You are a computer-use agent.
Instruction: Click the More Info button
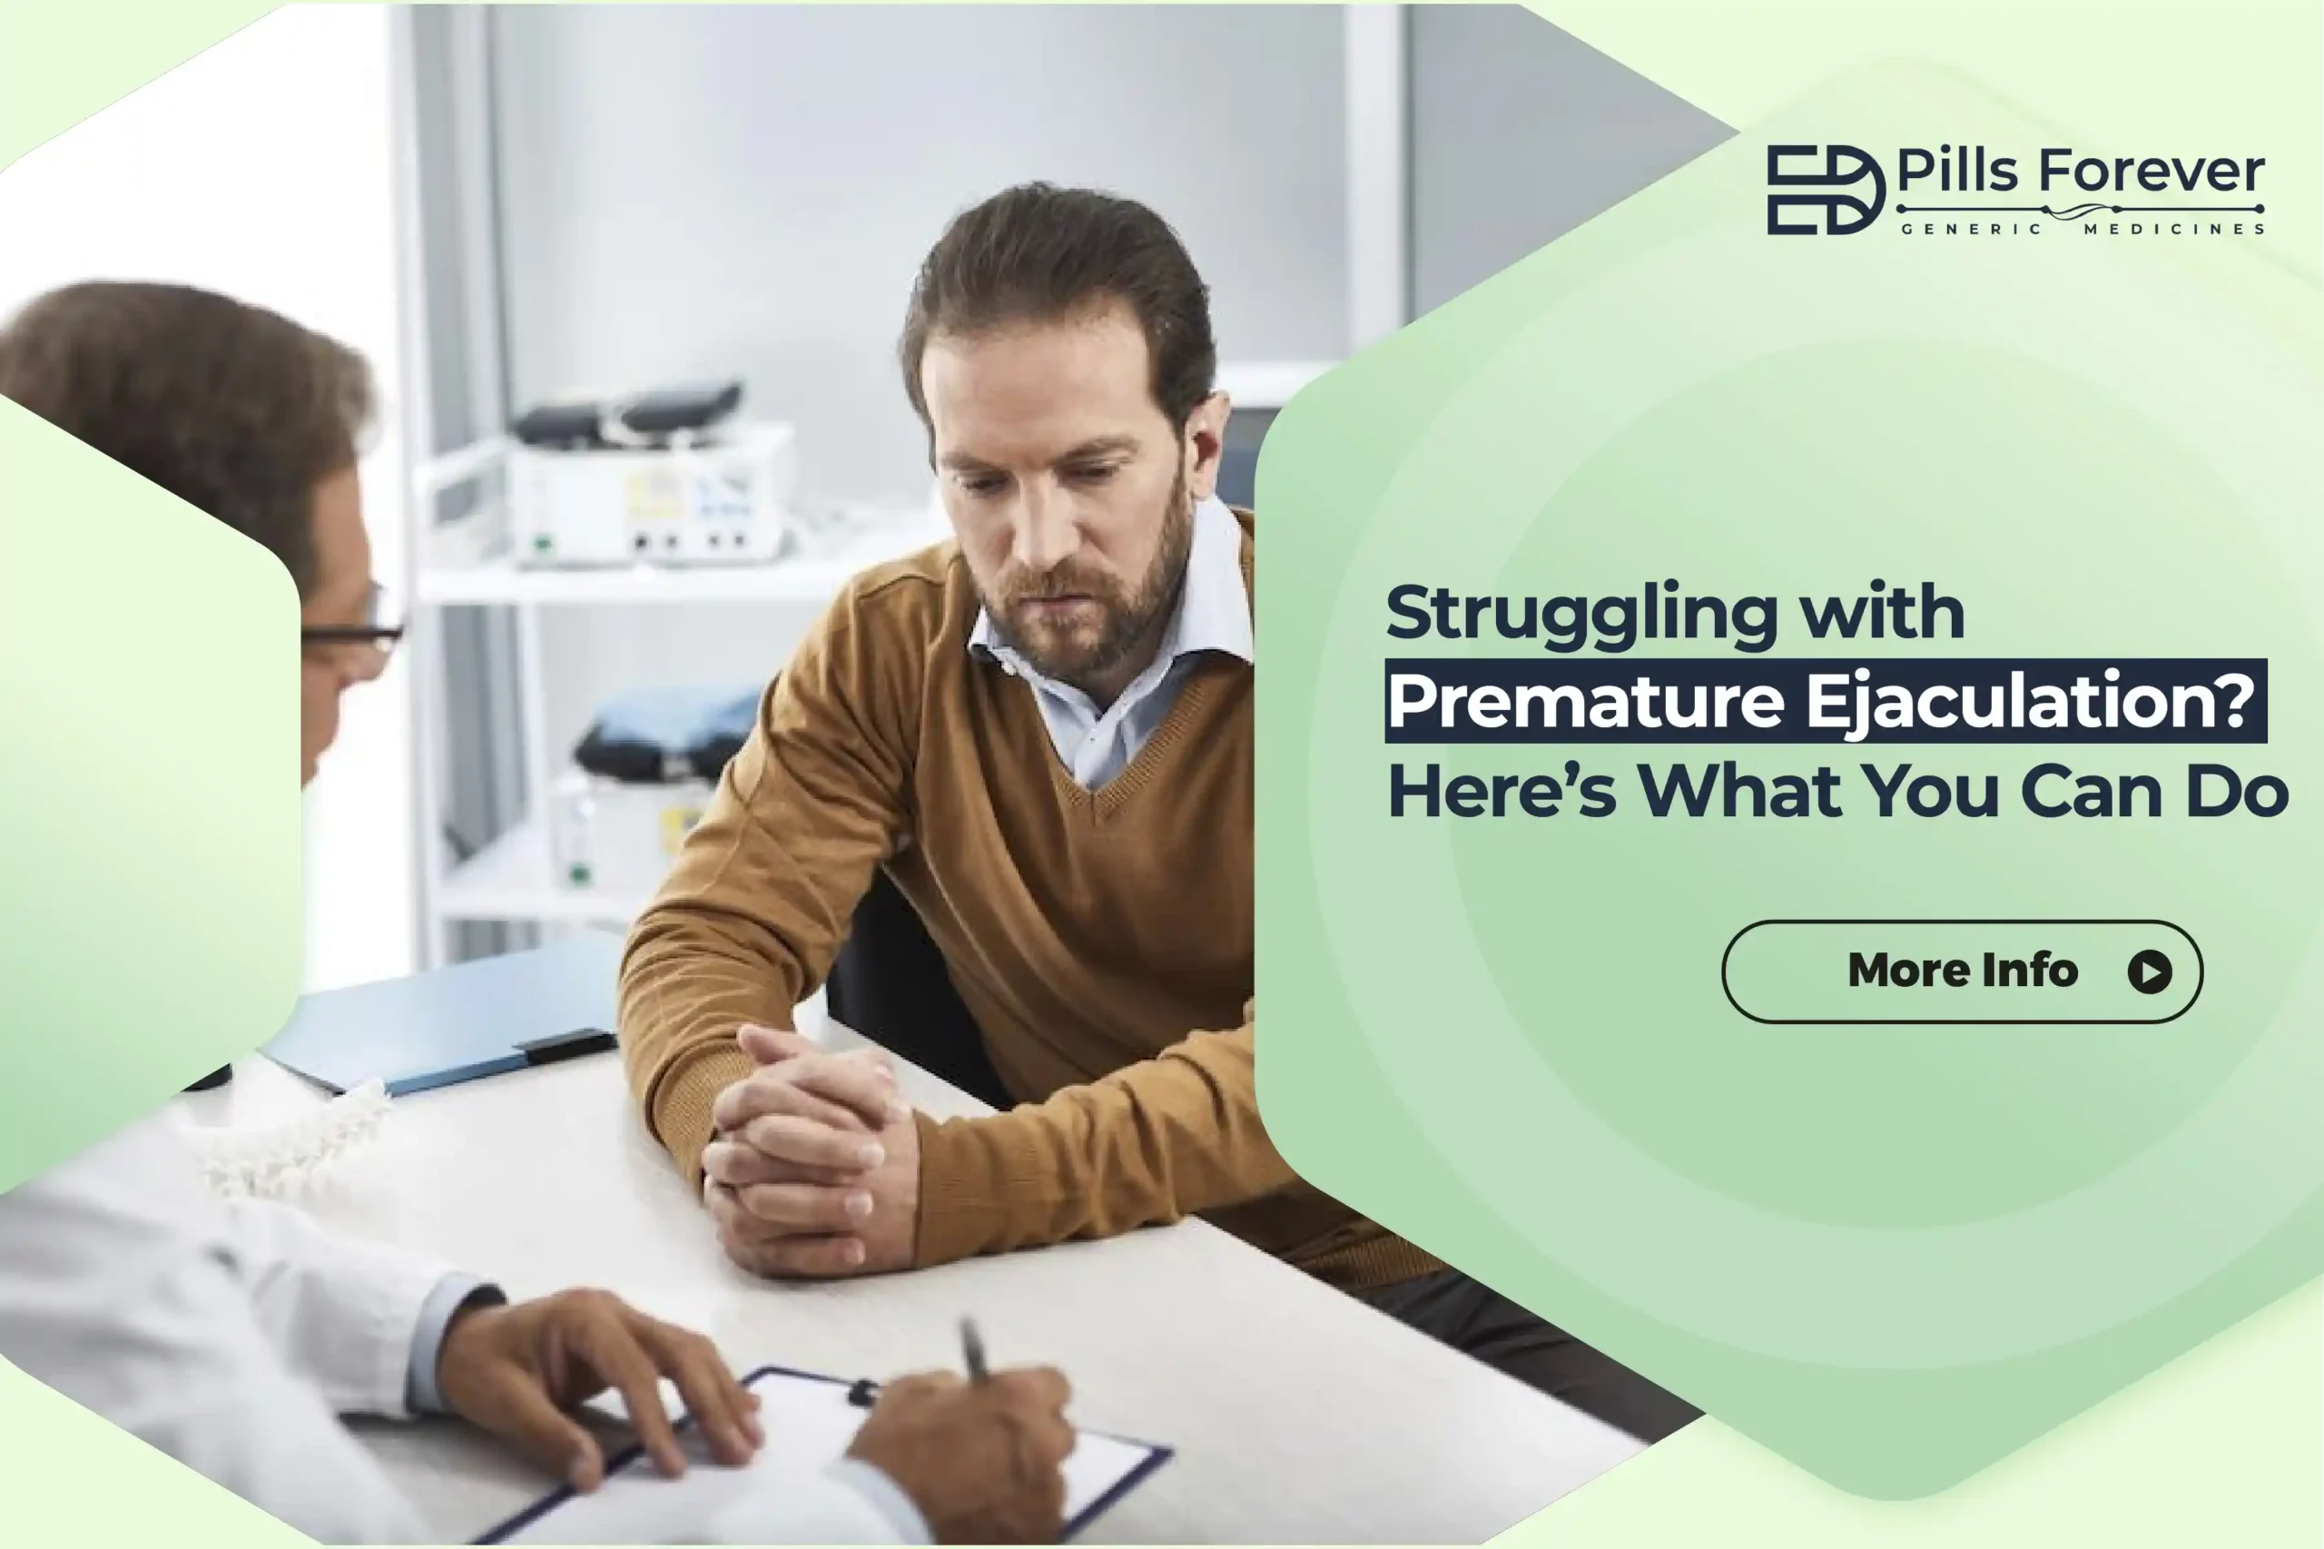click(1962, 972)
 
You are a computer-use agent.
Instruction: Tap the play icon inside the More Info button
click(2149, 972)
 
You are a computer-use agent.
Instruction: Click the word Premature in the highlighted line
click(1587, 700)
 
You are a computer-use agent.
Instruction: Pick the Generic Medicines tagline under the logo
click(2082, 229)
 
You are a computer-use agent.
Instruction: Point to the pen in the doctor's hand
click(974, 1349)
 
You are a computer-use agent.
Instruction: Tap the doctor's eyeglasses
click(353, 625)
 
